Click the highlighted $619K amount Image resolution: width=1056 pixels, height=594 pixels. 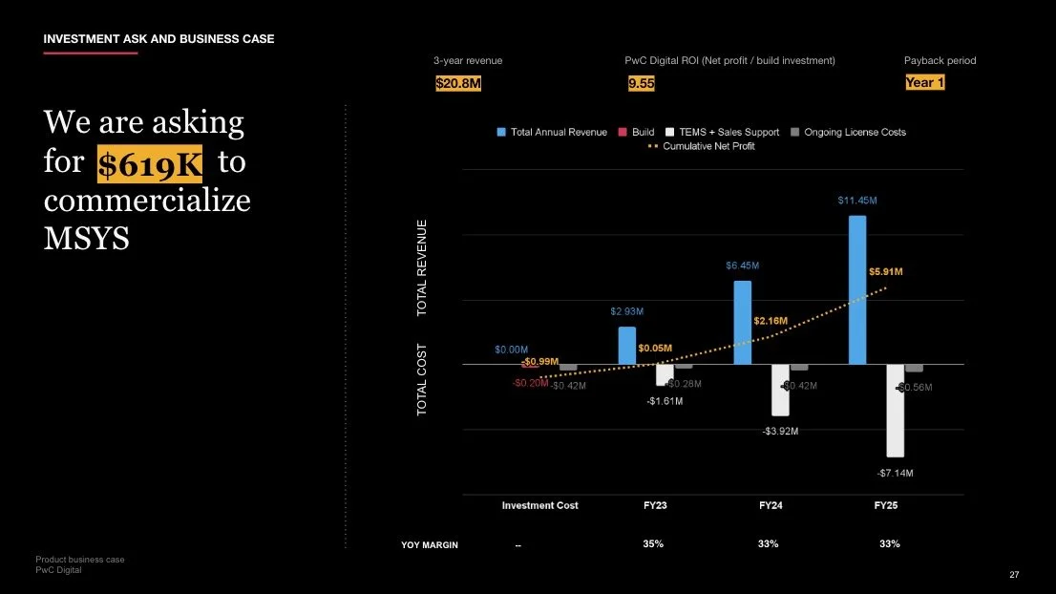pos(150,165)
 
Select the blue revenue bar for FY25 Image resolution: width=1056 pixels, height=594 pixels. pos(857,289)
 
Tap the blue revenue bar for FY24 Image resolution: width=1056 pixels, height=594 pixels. pos(742,322)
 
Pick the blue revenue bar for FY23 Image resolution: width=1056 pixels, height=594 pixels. pos(626,345)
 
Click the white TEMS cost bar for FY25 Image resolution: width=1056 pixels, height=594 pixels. pos(895,411)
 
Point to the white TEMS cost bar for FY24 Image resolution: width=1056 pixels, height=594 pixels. pos(780,390)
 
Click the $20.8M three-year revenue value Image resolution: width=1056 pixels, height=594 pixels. pos(458,84)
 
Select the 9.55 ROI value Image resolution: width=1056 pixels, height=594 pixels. pos(641,84)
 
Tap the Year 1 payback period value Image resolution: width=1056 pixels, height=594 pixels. pos(924,83)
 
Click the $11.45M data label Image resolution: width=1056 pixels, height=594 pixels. pos(856,201)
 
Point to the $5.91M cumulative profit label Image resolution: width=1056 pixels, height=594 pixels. pos(886,272)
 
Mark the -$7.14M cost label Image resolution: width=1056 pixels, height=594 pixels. pos(895,473)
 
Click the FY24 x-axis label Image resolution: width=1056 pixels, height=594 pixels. pos(771,505)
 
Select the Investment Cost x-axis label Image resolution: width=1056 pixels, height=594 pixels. pos(539,505)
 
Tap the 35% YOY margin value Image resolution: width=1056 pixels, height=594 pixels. pos(654,544)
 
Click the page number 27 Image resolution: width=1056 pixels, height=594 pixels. pos(1014,575)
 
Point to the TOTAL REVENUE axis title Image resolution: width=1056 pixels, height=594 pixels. pos(422,268)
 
